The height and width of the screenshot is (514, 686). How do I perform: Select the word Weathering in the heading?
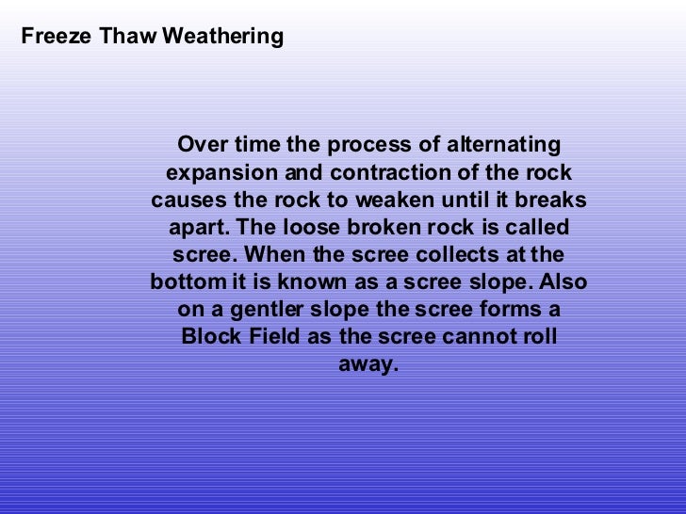222,38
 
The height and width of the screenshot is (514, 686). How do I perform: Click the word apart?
200,229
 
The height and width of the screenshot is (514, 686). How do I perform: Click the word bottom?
186,282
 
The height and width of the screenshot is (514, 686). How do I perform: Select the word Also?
563,282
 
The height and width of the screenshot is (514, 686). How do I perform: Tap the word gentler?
259,311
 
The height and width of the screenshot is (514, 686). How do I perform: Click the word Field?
275,337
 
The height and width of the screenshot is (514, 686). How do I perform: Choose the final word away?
367,364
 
